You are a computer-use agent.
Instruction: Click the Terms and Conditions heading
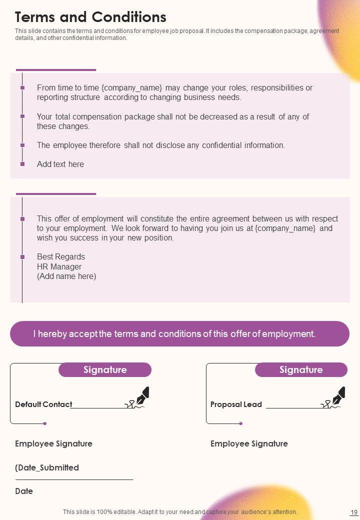pos(90,17)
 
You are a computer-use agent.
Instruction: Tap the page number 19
pos(354,512)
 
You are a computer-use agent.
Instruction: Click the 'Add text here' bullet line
pos(60,164)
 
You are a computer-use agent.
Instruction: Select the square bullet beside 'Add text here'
pos(22,164)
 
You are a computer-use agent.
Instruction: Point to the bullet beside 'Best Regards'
pos(22,257)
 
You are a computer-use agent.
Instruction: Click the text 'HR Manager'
pos(59,266)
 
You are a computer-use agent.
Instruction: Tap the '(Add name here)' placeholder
pos(66,276)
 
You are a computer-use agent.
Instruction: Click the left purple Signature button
pos(105,370)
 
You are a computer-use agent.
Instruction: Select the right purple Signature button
pos(301,370)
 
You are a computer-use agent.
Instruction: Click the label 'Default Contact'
pos(43,404)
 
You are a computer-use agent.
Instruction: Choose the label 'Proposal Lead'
pos(236,404)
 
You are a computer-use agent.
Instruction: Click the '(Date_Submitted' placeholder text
pos(47,467)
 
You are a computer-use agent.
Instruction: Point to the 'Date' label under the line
pos(24,491)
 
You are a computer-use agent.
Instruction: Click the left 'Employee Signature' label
pos(53,443)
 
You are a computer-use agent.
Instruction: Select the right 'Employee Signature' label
pos(249,443)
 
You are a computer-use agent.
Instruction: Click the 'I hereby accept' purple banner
pos(179,333)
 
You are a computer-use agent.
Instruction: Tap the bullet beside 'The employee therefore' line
pos(22,145)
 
